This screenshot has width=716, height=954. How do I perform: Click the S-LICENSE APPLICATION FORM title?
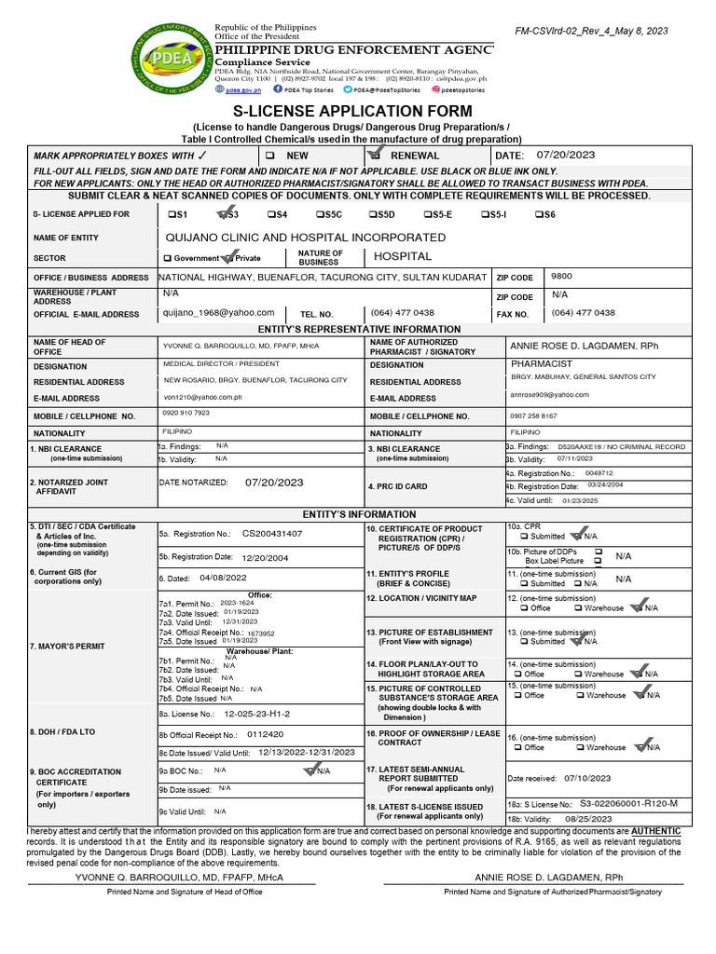pos(357,111)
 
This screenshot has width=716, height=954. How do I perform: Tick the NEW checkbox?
pos(270,156)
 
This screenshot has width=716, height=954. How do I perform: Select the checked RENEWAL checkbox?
pos(375,155)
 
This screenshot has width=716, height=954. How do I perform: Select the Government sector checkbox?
pos(168,258)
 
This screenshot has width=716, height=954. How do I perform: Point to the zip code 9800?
pos(562,277)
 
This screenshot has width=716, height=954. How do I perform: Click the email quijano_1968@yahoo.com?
pos(219,313)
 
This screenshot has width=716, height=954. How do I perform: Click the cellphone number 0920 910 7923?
pos(186,413)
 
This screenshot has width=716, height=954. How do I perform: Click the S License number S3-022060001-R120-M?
pos(628,803)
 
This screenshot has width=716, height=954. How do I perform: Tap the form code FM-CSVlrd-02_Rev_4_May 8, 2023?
pos(591,31)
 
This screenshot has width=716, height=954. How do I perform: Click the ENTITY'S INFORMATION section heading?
pos(359,514)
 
